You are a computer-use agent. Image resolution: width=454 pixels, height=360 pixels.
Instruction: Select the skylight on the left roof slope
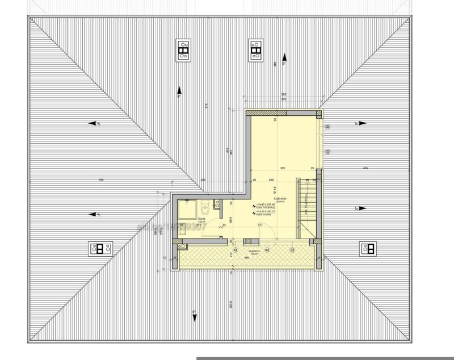click(x=101, y=248)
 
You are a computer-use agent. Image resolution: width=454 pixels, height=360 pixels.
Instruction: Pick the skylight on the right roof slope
click(x=367, y=248)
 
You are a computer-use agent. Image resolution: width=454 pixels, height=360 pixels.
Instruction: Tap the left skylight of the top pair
click(x=183, y=51)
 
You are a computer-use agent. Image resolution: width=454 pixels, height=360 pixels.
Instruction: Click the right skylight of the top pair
click(x=255, y=51)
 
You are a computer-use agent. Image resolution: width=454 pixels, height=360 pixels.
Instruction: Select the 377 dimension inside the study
click(x=260, y=225)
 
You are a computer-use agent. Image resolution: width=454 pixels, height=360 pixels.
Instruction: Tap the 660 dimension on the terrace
click(x=246, y=257)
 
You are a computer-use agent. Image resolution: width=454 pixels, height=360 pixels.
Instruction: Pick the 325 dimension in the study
click(x=282, y=169)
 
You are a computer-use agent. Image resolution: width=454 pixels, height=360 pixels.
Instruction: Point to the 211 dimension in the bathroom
click(x=191, y=225)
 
